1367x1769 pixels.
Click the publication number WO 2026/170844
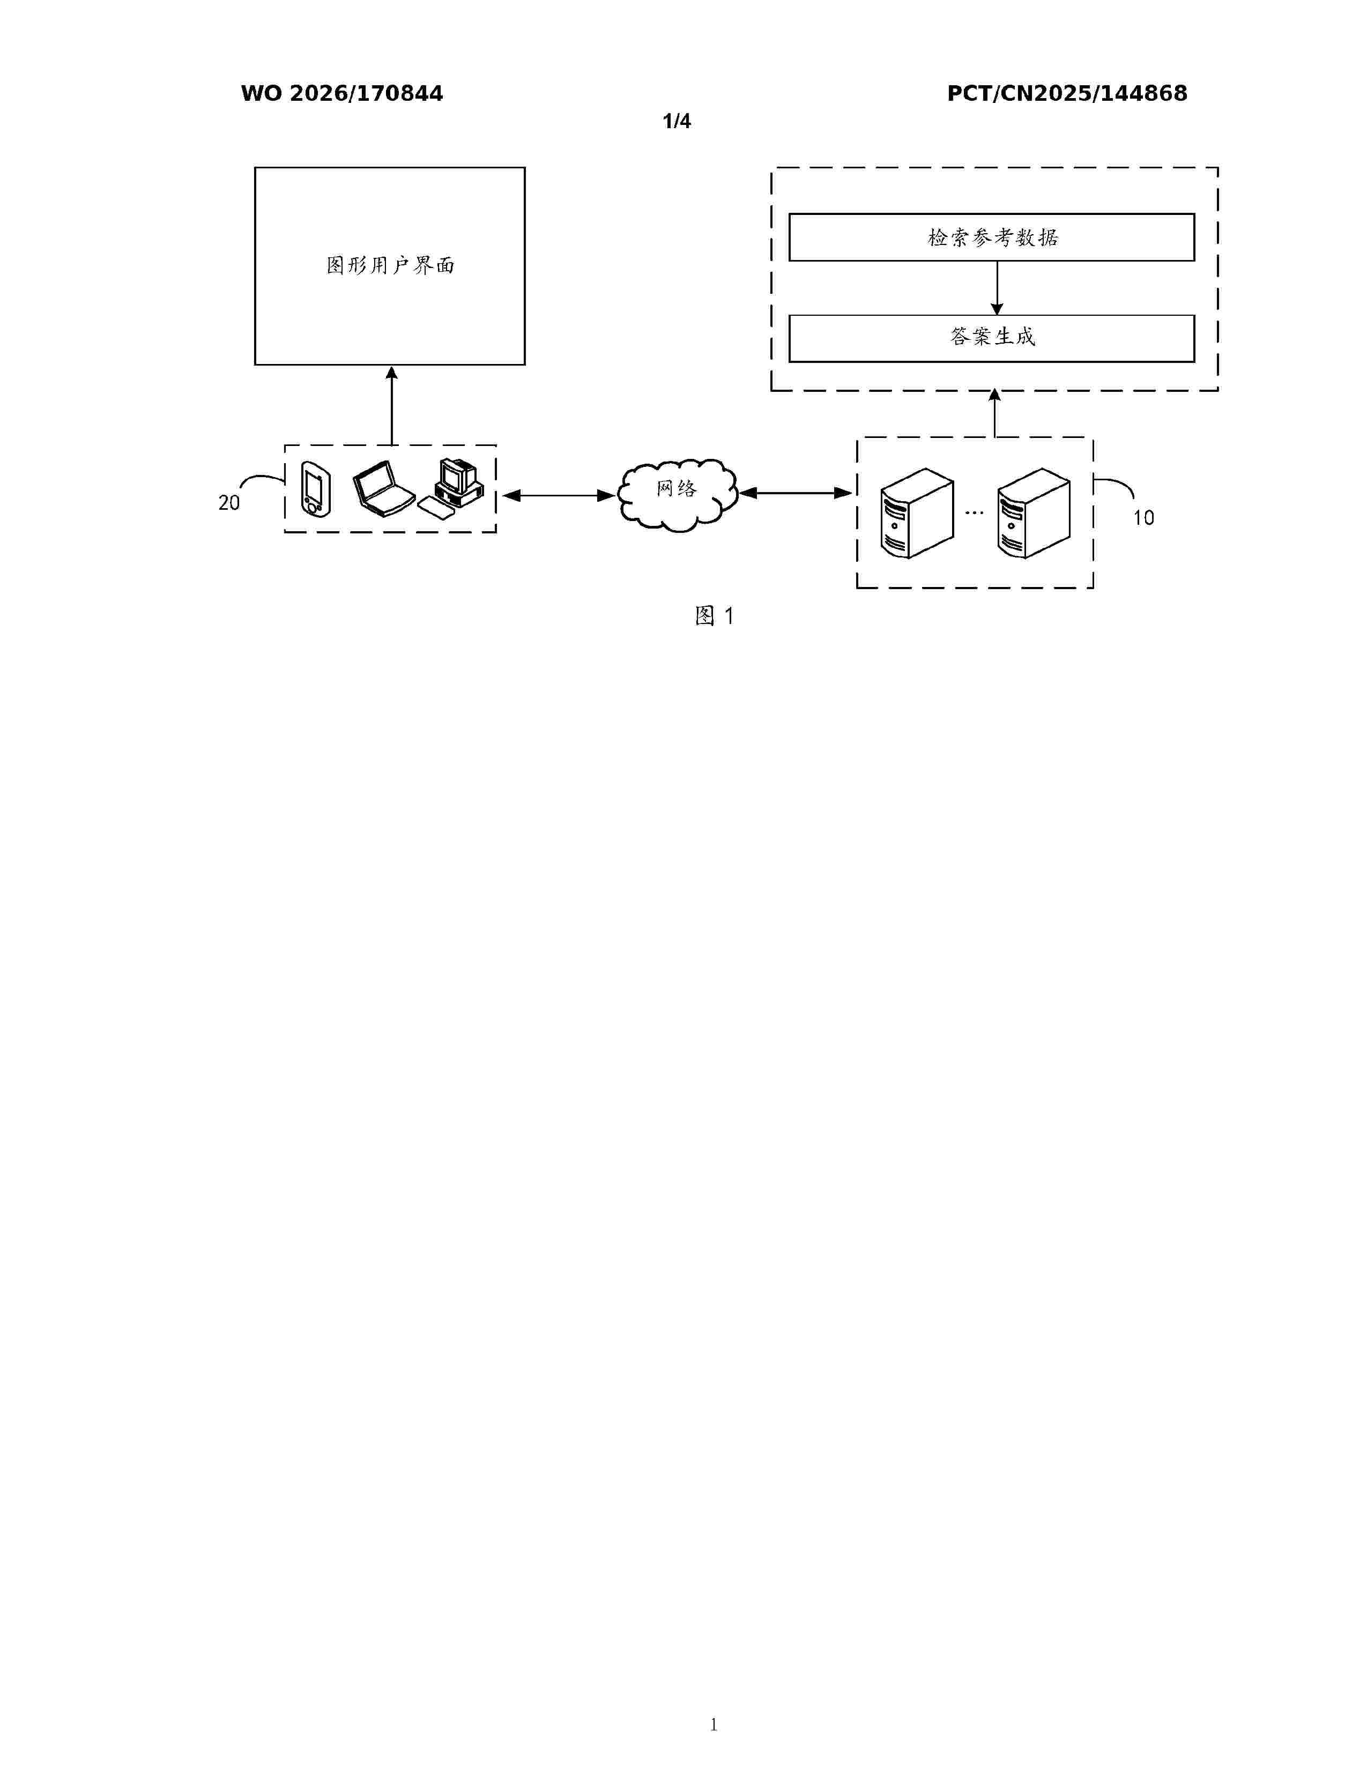(342, 94)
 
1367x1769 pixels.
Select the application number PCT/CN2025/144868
(1067, 94)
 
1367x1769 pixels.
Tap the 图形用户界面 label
(390, 266)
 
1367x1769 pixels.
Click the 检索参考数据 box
(991, 237)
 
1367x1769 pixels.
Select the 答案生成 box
(991, 338)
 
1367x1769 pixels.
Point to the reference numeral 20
(229, 503)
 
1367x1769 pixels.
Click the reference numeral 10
(1143, 518)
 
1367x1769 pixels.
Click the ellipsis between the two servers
(975, 512)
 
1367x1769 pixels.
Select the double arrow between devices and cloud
(558, 495)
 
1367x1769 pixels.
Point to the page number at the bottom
(714, 1725)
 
